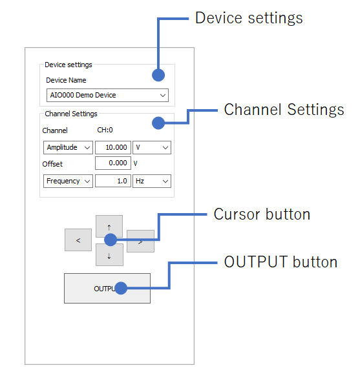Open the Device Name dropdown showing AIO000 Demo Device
pyautogui.click(x=107, y=95)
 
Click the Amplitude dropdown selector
pyautogui.click(x=68, y=147)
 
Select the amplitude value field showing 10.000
pyautogui.click(x=113, y=147)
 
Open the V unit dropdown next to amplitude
pyautogui.click(x=152, y=147)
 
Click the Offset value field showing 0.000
pyautogui.click(x=113, y=163)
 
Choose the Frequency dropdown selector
pyautogui.click(x=68, y=181)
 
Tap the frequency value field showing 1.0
pyautogui.click(x=113, y=181)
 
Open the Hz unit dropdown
pyautogui.click(x=152, y=181)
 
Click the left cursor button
pyautogui.click(x=78, y=240)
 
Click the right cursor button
pyautogui.click(x=141, y=241)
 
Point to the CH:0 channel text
pyautogui.click(x=105, y=130)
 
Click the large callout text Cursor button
pyautogui.click(x=262, y=214)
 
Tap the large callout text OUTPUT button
pyautogui.click(x=281, y=262)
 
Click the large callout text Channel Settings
pyautogui.click(x=284, y=110)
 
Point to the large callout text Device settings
pyautogui.click(x=249, y=18)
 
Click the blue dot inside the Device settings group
pyautogui.click(x=158, y=75)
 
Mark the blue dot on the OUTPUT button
pyautogui.click(x=121, y=288)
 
